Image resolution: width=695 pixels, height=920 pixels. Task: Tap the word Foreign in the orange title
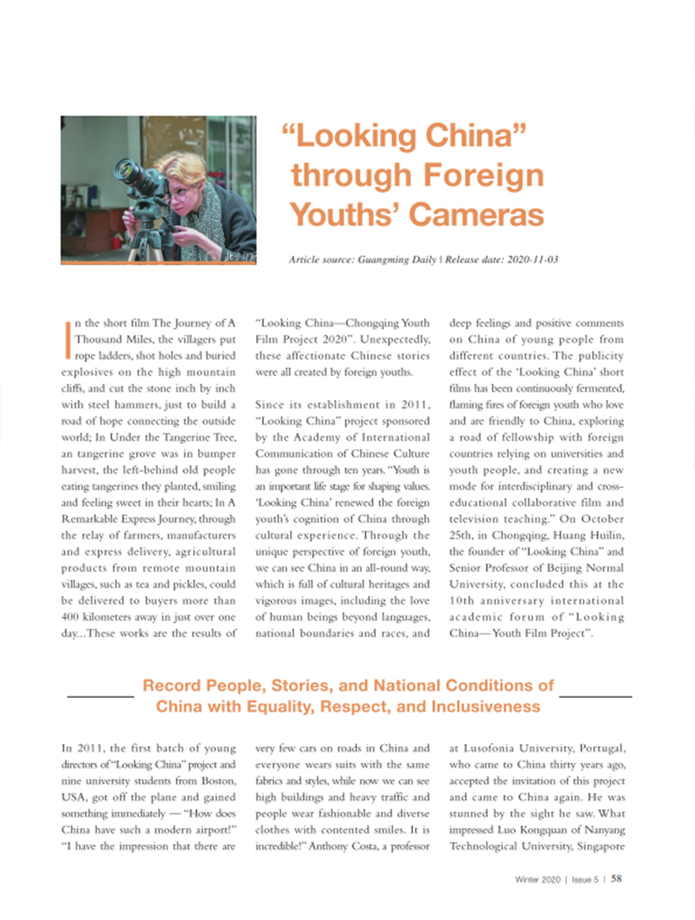click(x=481, y=175)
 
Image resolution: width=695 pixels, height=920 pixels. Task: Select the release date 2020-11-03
click(x=529, y=260)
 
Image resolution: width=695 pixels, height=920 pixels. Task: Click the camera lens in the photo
click(x=126, y=171)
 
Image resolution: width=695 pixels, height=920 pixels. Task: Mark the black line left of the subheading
click(x=100, y=697)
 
